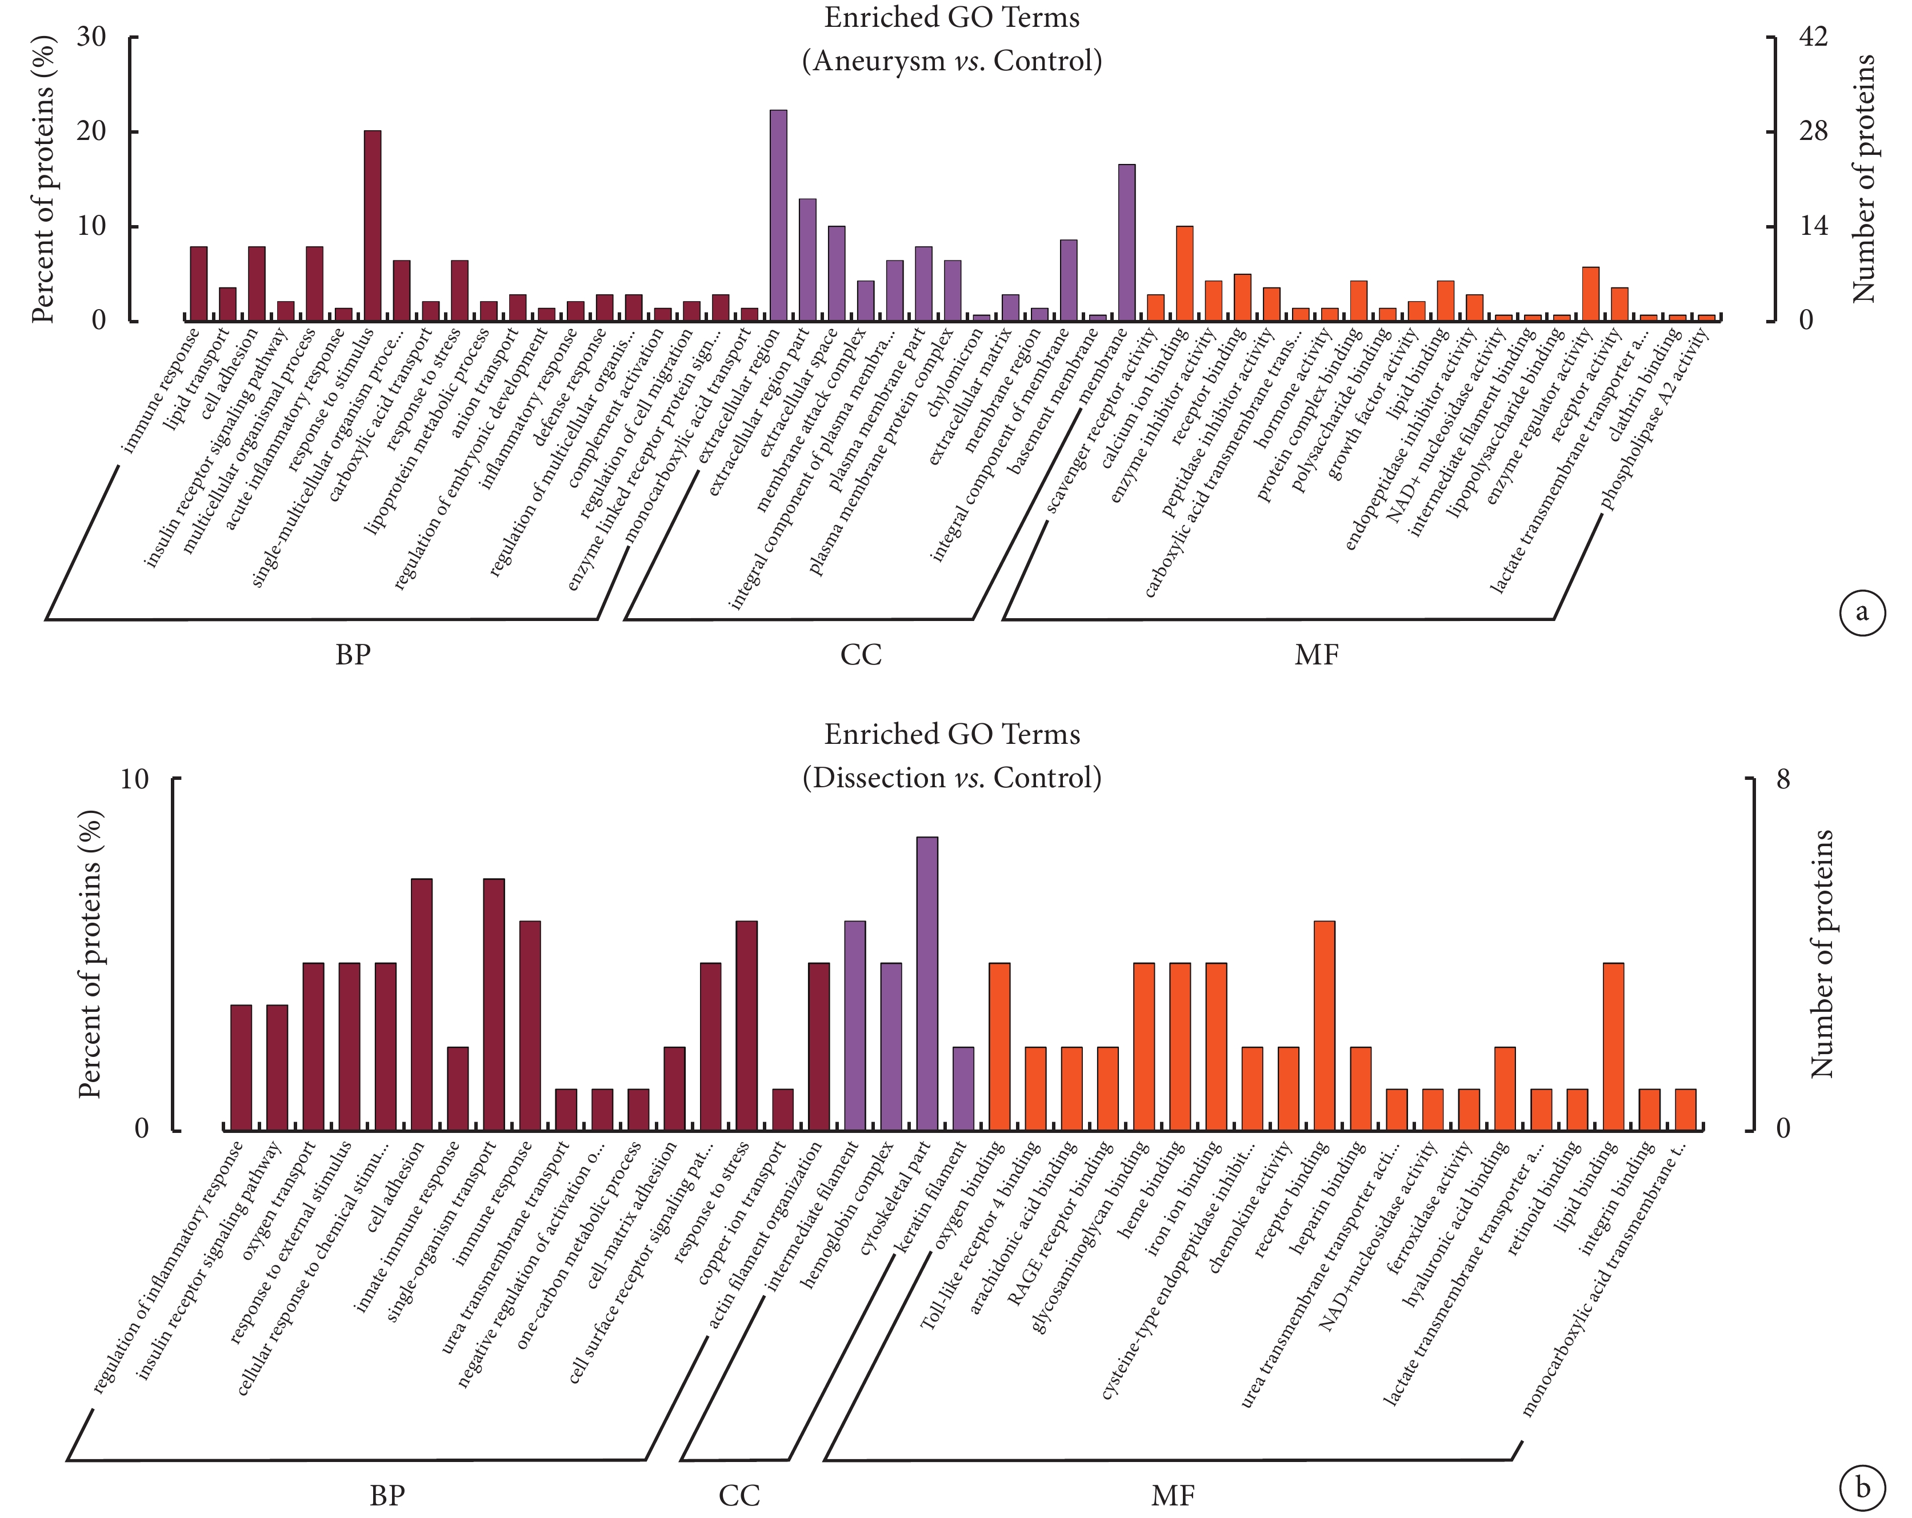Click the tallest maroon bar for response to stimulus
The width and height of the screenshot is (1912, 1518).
point(373,226)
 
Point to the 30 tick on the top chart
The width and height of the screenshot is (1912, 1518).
point(92,37)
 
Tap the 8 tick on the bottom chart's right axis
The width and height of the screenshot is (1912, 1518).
point(1782,779)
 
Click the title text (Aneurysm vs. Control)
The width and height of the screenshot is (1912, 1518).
point(951,61)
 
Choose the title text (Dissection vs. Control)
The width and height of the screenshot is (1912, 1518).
point(951,778)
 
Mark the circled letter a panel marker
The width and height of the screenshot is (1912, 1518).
point(1862,612)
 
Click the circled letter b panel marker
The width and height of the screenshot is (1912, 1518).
point(1862,1487)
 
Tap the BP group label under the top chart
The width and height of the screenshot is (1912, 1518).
point(352,655)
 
